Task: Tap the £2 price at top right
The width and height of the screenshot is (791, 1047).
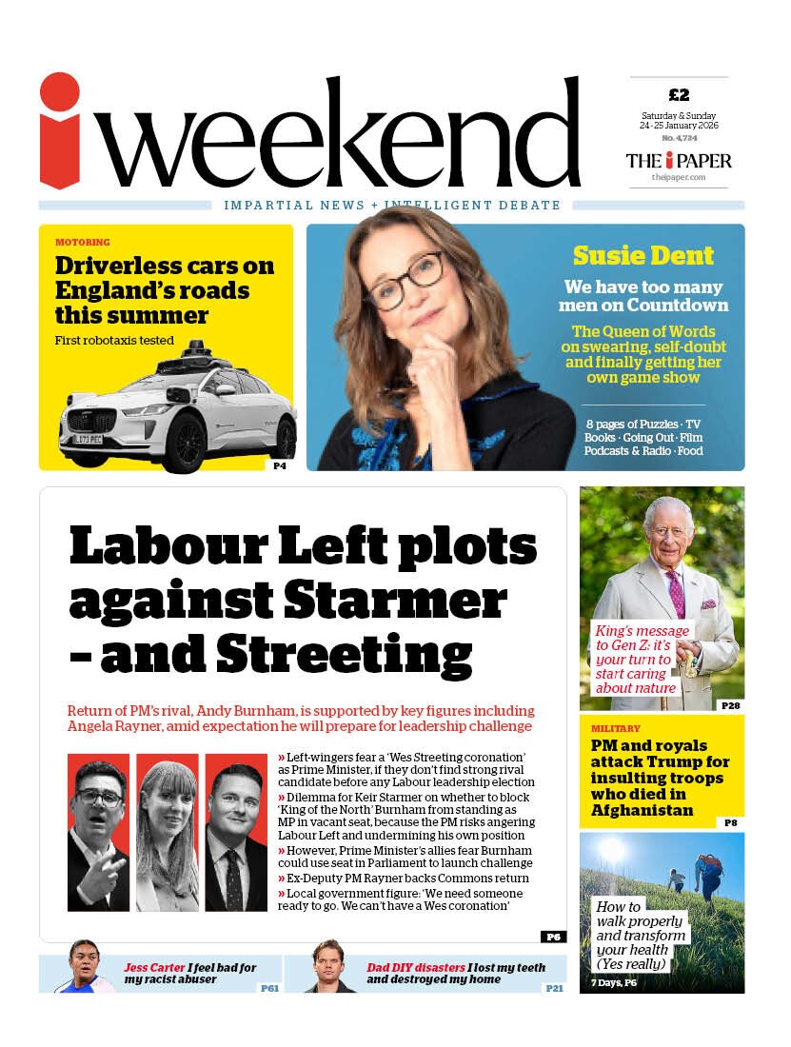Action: [679, 94]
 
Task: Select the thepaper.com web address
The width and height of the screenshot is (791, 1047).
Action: [678, 177]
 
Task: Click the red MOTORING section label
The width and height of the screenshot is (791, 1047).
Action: [82, 242]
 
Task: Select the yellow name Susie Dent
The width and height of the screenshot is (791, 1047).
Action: [643, 255]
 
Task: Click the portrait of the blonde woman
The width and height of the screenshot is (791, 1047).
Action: [167, 832]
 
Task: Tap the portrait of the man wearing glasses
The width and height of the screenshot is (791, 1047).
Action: [98, 832]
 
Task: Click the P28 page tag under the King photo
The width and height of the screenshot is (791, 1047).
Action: [730, 704]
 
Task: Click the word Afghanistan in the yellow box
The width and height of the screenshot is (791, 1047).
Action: [643, 810]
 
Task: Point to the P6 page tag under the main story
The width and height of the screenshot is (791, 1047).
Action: [553, 937]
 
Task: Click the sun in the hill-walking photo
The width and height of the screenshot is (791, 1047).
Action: [611, 850]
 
